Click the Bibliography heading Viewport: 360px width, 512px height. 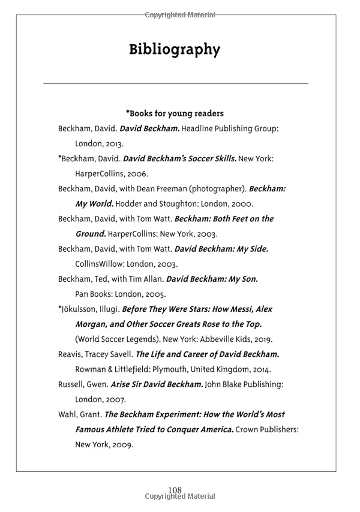[175, 49]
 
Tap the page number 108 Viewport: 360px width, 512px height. [175, 490]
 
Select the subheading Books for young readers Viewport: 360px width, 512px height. [175, 113]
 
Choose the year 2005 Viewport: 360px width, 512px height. [154, 294]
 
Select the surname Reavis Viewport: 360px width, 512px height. [71, 354]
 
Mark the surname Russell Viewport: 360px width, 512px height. [72, 384]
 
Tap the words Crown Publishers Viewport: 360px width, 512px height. [267, 430]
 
